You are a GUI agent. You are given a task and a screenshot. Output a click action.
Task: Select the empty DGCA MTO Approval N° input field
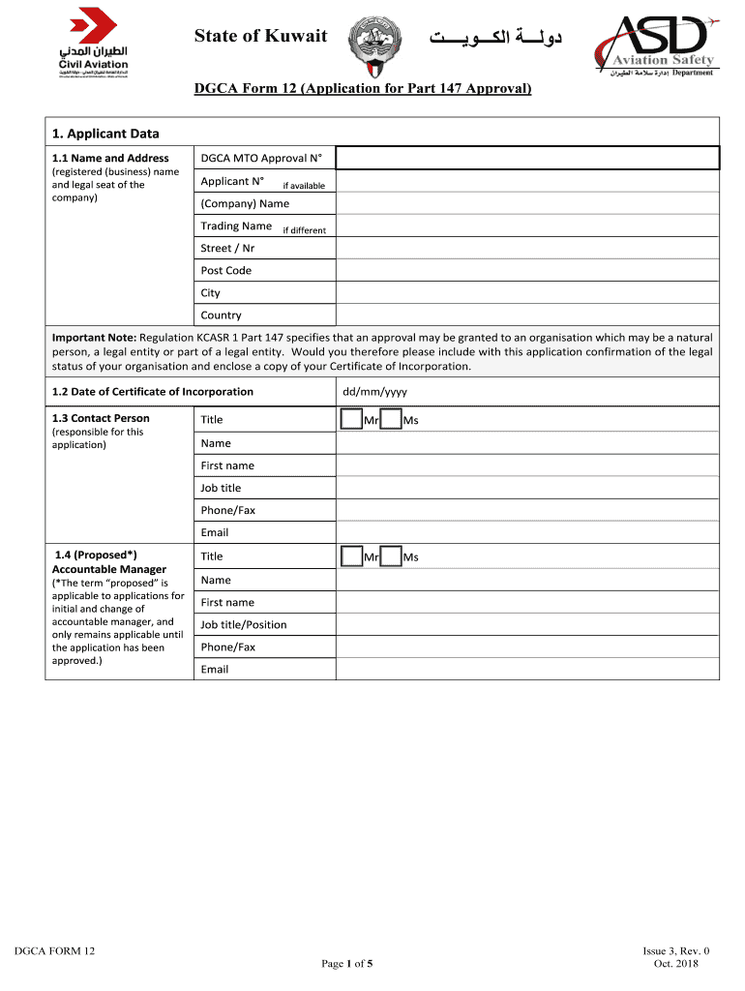coord(527,158)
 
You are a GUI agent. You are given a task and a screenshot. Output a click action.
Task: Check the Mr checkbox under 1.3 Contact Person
coord(351,420)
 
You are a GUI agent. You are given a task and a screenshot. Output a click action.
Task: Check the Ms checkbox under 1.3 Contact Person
coord(391,420)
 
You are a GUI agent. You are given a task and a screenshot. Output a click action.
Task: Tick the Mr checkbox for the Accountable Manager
coord(351,556)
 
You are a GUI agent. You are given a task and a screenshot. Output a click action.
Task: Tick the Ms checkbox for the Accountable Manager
coord(391,556)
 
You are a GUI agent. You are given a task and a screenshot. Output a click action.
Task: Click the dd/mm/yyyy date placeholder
coord(375,392)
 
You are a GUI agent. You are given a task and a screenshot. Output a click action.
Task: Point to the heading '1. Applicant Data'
coord(105,134)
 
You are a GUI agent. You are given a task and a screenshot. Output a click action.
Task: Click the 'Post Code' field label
coord(225,271)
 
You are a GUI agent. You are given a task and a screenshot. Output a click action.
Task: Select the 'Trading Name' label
coord(236,226)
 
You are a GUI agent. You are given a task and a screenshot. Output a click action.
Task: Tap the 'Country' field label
coord(221,315)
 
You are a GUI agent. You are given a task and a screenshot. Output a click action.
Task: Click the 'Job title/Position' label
coord(244,625)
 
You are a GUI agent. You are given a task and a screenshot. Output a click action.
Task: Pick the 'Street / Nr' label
coord(227,249)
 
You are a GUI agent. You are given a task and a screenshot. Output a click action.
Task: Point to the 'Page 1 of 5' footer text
coord(346,964)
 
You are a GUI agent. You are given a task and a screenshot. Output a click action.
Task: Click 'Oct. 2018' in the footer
coord(675,963)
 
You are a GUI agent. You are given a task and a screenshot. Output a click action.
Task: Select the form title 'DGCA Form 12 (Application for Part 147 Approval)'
coord(363,89)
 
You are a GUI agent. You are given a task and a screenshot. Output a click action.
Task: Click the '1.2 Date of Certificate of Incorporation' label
coord(153,392)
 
